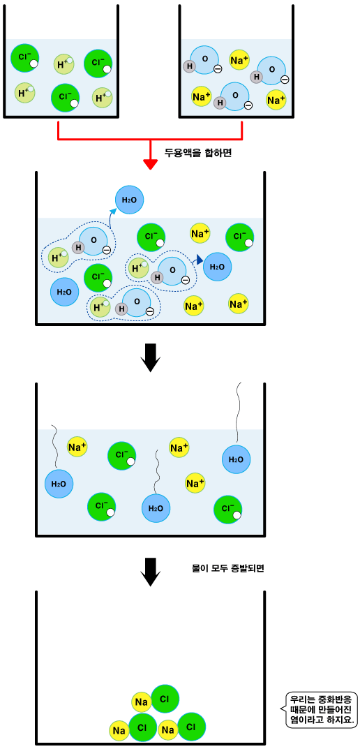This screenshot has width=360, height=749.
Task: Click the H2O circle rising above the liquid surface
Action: click(x=129, y=199)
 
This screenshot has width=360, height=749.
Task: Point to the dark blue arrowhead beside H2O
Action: click(x=200, y=260)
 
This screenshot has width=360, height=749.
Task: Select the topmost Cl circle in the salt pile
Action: click(x=165, y=699)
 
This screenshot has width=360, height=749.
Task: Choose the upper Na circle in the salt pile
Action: click(x=142, y=702)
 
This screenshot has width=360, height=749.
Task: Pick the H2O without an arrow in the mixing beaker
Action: click(x=65, y=292)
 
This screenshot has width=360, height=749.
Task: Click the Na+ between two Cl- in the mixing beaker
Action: click(x=200, y=234)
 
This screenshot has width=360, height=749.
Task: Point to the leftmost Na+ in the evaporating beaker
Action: click(x=77, y=447)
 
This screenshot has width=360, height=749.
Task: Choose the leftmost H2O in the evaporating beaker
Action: click(x=59, y=484)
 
